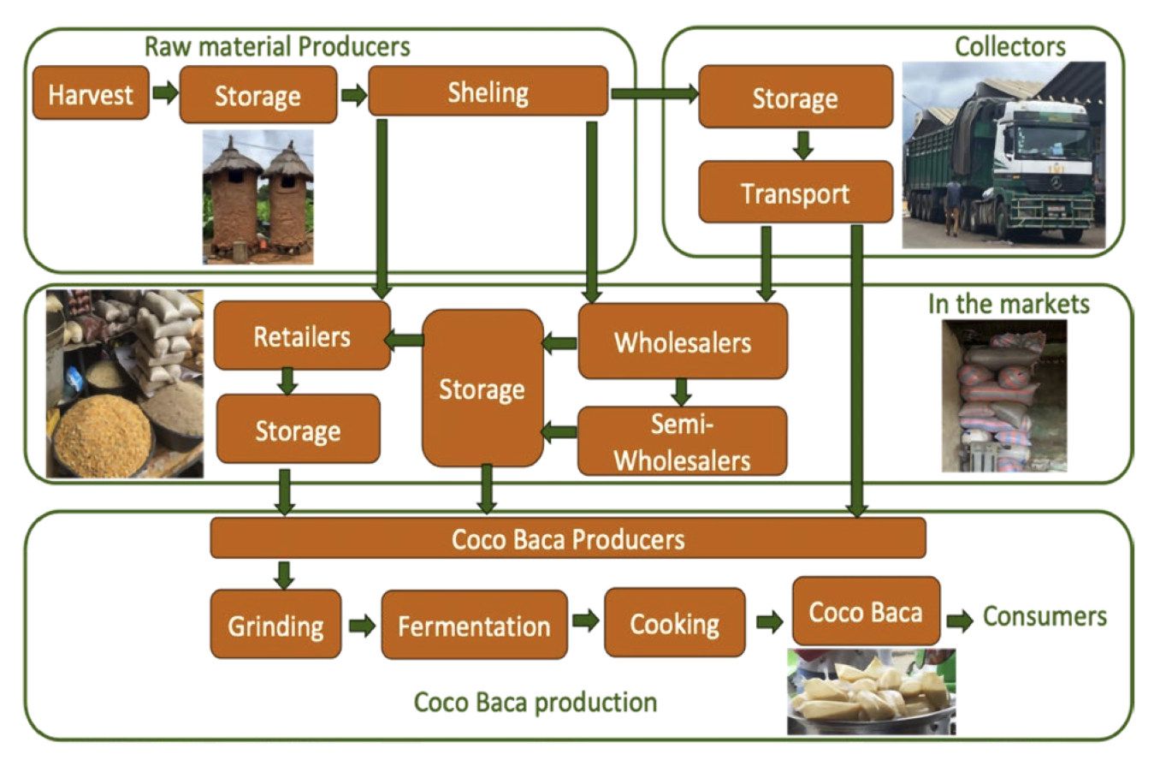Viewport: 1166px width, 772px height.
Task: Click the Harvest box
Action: point(90,93)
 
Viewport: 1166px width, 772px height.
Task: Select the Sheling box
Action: point(488,92)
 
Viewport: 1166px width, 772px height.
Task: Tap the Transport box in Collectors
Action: point(795,193)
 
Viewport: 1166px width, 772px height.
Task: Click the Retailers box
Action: point(301,336)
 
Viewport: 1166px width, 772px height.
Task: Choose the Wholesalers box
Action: point(682,342)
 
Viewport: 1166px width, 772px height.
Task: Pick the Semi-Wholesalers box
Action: point(682,442)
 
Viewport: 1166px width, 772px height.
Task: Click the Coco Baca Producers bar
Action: point(567,539)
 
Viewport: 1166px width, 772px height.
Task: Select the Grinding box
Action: point(275,626)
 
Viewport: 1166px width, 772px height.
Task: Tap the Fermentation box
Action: point(474,626)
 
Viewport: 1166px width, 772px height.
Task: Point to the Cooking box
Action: point(674,623)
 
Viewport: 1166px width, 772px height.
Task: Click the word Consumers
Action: point(1045,616)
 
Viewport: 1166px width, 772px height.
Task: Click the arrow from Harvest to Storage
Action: point(165,92)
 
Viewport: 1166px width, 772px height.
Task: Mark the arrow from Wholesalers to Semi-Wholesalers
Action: point(681,392)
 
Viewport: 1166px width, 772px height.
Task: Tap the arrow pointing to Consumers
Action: point(960,621)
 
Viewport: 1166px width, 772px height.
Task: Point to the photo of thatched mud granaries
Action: point(257,197)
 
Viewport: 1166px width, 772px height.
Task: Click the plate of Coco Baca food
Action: point(870,692)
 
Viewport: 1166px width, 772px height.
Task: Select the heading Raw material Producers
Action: point(276,46)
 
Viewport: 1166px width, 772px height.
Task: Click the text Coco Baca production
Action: point(535,703)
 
